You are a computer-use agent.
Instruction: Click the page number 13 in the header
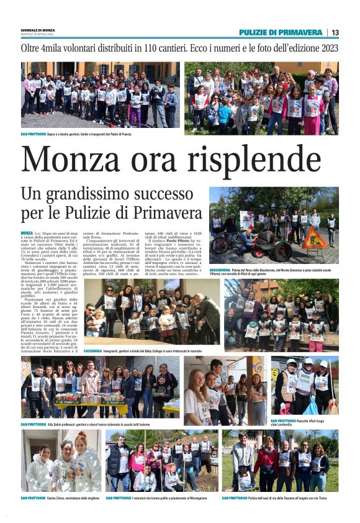click(x=335, y=32)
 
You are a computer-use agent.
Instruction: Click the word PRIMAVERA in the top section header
click(x=299, y=32)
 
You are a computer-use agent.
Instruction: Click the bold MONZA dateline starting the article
click(x=28, y=232)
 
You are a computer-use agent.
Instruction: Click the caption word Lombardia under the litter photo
click(x=296, y=425)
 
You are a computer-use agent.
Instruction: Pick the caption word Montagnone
click(x=205, y=498)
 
